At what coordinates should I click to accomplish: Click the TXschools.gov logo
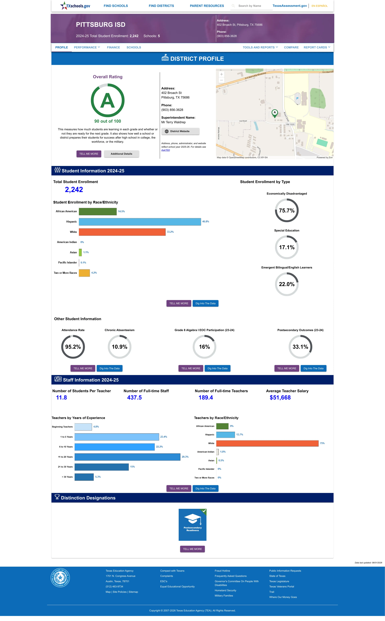click(75, 6)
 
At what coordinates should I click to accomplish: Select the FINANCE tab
click(113, 47)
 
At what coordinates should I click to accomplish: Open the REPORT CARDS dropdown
click(317, 47)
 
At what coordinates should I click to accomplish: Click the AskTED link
click(166, 150)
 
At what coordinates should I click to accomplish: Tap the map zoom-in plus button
click(222, 74)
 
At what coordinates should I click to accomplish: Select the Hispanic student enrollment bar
click(140, 222)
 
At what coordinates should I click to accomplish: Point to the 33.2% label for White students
click(170, 232)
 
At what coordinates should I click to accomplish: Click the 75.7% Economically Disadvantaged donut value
click(287, 210)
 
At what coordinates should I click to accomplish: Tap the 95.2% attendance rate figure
click(73, 347)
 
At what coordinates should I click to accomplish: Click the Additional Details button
click(121, 154)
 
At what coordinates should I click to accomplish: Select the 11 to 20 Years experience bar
click(127, 457)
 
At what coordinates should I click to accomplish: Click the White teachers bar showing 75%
click(267, 443)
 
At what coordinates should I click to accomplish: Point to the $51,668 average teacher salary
click(280, 398)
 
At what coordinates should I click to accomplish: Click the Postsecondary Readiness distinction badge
click(192, 525)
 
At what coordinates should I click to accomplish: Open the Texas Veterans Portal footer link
click(282, 587)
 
